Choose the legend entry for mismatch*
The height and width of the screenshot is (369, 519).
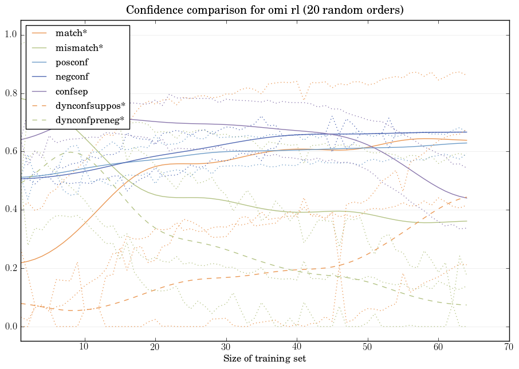[79, 48]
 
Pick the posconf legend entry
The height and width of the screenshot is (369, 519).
[72, 62]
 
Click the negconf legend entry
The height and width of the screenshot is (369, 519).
[72, 76]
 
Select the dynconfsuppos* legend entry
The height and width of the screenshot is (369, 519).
[90, 105]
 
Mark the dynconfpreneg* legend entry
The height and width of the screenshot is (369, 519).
[91, 120]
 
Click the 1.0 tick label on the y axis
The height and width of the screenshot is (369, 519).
[10, 36]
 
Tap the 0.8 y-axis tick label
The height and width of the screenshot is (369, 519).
[10, 94]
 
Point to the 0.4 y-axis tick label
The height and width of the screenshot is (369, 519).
[10, 210]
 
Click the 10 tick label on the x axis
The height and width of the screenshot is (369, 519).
[84, 347]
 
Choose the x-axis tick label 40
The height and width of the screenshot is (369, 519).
[297, 347]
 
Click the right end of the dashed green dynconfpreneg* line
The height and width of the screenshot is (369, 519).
[467, 305]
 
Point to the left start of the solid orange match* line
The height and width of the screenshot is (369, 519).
[21, 263]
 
